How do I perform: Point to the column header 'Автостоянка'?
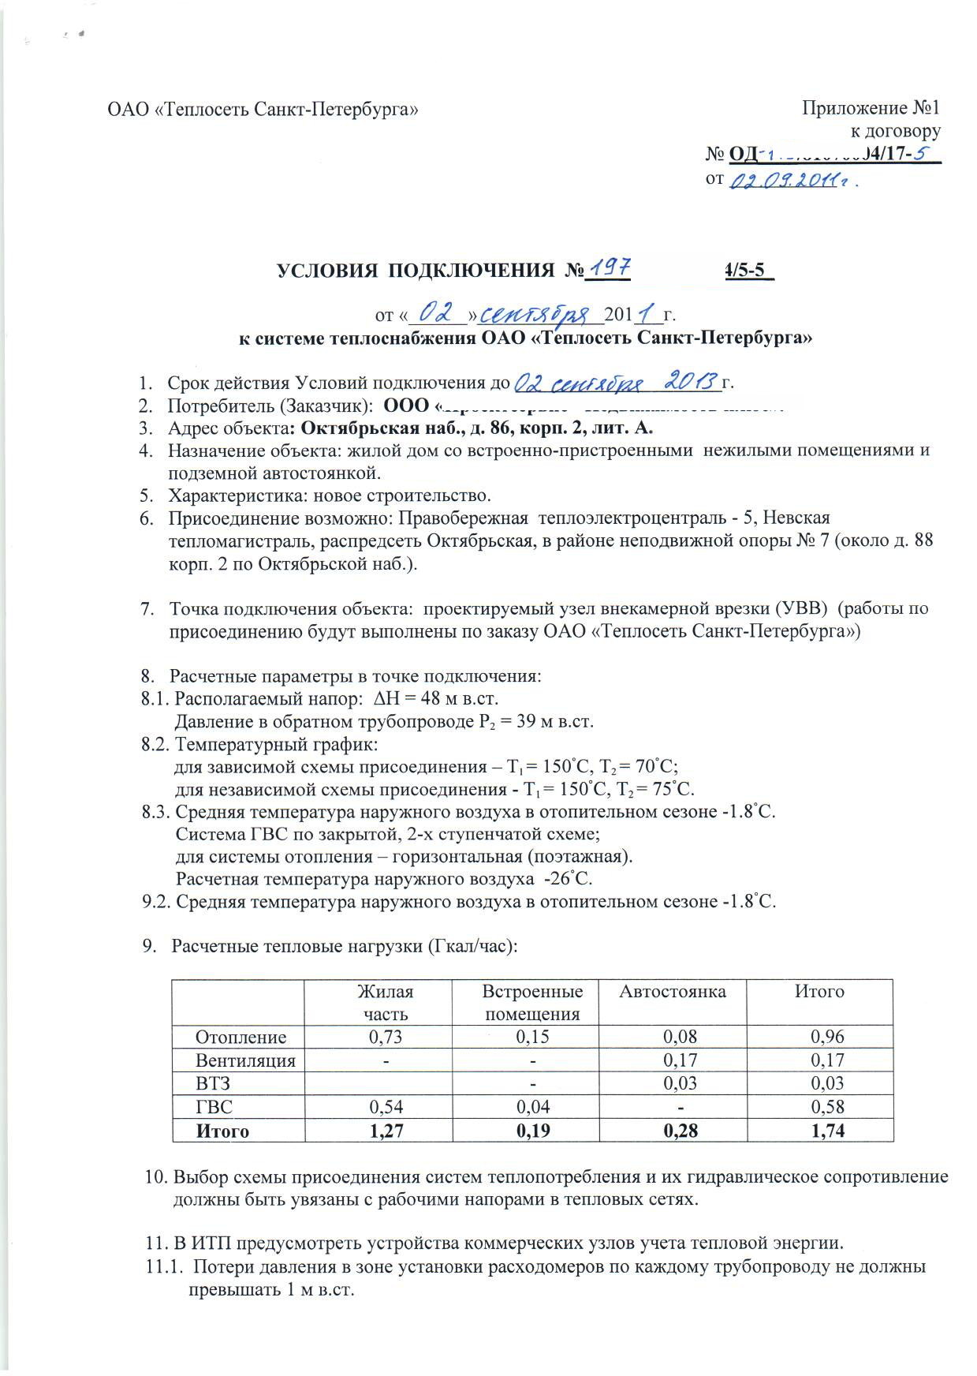pyautogui.click(x=673, y=991)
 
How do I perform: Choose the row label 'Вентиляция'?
pyautogui.click(x=245, y=1060)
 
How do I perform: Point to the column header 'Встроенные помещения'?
pyautogui.click(x=532, y=1002)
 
